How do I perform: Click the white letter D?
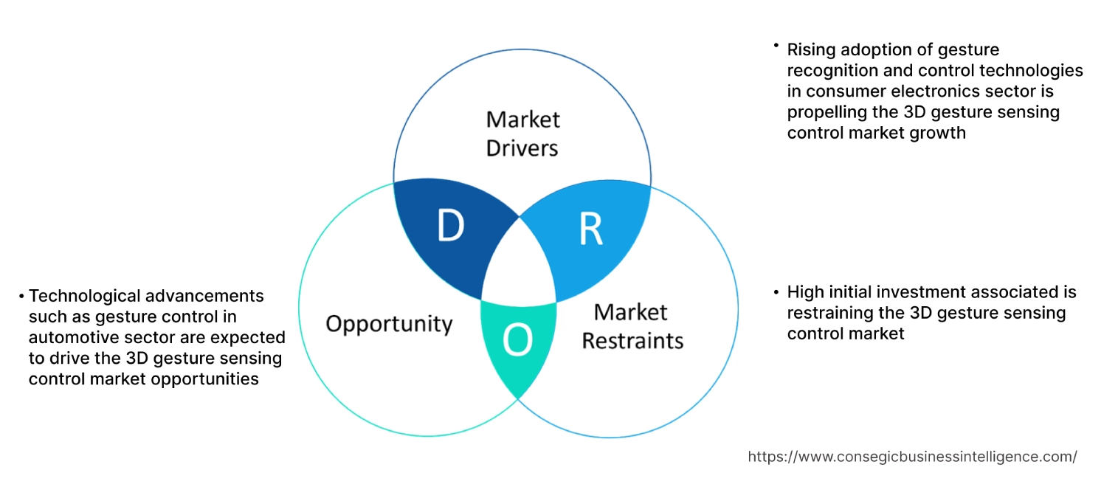click(x=450, y=226)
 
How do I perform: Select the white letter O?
click(x=517, y=340)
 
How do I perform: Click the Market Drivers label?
click(x=522, y=134)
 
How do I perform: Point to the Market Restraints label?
click(x=632, y=326)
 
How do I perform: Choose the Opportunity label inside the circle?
click(x=389, y=323)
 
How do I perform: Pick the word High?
click(x=806, y=291)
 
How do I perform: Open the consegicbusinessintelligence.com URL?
click(x=912, y=457)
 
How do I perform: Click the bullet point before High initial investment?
click(x=776, y=291)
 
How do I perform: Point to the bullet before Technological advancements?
click(x=21, y=296)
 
